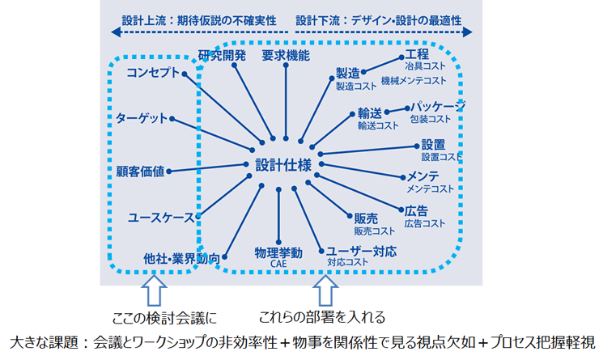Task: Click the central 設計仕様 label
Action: [x=283, y=163]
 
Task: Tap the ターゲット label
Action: [x=142, y=118]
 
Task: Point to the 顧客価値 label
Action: [x=140, y=171]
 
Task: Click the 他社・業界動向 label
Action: [x=180, y=257]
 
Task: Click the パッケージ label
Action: [x=437, y=106]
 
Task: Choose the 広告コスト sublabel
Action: [x=425, y=223]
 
